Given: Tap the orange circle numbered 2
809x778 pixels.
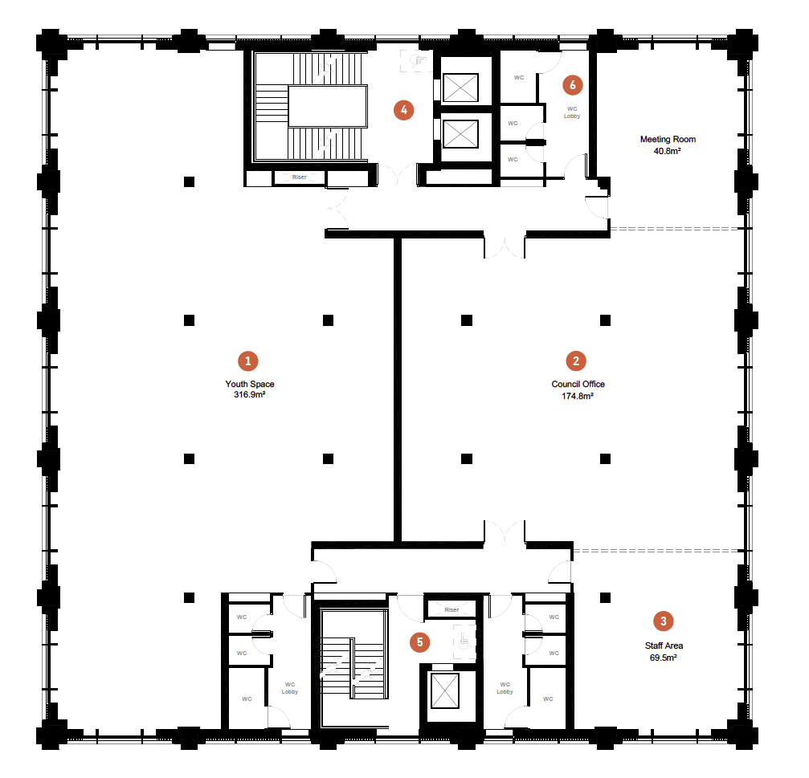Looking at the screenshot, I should coord(575,360).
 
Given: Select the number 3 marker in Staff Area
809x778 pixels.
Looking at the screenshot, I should coord(663,621).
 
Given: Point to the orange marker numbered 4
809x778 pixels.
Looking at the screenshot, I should coord(403,110).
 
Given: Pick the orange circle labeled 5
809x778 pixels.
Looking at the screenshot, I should coord(418,642).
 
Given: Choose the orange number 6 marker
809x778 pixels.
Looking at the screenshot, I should coord(572,84).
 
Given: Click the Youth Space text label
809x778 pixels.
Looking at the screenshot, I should coord(250,385).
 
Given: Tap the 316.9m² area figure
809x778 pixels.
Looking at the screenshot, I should coord(250,395).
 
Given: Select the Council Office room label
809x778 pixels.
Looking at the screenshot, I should coord(578,385).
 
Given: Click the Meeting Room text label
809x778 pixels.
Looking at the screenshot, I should coord(668,140).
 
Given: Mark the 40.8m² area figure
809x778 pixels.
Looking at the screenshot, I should coord(668,150).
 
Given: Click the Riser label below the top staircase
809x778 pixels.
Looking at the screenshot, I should coord(299,177).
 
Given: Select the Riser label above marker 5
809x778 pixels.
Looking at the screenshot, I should coord(451,610).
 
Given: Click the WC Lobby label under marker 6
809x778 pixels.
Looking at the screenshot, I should coord(572,112).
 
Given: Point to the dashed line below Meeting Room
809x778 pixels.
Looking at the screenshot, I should coord(673,229).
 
